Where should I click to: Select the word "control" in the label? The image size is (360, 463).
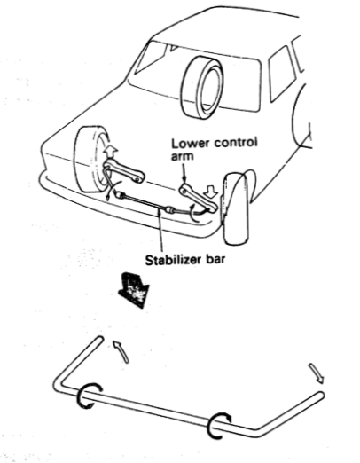click(236, 143)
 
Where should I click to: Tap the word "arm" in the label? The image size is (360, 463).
click(183, 156)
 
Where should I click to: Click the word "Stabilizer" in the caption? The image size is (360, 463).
click(171, 260)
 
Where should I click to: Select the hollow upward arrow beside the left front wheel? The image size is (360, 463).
click(110, 153)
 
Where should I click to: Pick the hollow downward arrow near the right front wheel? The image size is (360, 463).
click(211, 192)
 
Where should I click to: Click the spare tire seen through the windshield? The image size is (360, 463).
click(202, 88)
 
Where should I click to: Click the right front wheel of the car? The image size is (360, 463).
click(236, 208)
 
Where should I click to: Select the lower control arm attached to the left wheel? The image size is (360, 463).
click(124, 171)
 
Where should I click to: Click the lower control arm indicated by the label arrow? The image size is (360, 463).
click(198, 197)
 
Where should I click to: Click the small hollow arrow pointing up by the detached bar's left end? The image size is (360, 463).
click(121, 351)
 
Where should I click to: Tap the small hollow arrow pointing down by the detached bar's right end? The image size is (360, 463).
click(317, 373)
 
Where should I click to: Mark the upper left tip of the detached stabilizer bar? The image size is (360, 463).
click(100, 339)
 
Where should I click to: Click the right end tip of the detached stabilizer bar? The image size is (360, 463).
click(322, 395)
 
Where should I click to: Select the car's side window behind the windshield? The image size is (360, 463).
click(282, 74)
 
